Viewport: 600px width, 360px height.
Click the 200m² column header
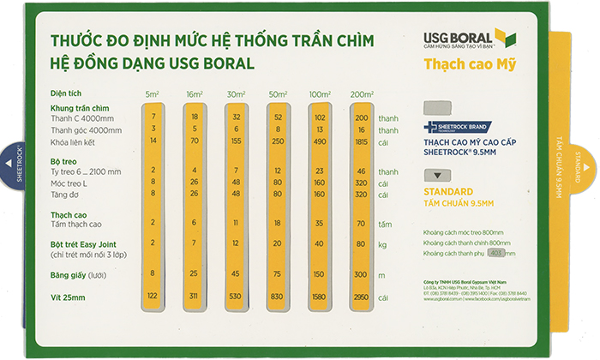[x=361, y=93]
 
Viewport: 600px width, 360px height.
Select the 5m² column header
[x=153, y=93]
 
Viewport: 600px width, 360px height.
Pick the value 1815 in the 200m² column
[x=362, y=141]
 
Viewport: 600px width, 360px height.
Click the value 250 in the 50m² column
[x=278, y=141]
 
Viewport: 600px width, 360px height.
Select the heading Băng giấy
[x=69, y=274]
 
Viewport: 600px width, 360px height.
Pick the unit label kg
[x=382, y=243]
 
